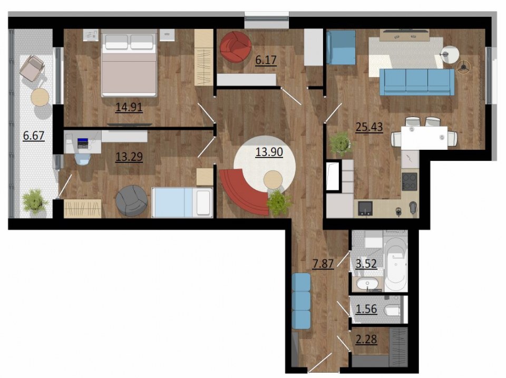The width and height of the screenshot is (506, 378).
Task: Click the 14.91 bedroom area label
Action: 129,107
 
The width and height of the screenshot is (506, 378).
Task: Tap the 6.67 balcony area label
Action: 34,135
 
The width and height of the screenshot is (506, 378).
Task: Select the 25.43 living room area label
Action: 369,127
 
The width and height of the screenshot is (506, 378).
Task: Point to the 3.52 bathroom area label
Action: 366,264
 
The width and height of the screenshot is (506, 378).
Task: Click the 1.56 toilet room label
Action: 366,309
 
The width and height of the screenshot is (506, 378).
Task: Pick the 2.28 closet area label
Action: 366,340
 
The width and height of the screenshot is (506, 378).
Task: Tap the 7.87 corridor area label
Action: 323,264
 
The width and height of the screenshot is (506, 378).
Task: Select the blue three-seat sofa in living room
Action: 416,82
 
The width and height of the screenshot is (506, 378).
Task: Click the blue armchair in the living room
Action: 341,47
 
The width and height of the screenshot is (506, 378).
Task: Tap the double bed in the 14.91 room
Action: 129,63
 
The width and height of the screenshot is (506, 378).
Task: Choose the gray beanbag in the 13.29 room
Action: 132,200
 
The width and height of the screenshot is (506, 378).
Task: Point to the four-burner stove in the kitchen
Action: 410,181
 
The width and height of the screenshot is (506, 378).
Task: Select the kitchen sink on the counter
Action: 366,208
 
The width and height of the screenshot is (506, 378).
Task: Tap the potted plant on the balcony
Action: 35,201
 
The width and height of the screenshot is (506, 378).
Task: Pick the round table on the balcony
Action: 40,97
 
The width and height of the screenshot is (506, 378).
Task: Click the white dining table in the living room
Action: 424,138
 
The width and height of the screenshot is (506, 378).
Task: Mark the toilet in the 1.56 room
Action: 392,310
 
